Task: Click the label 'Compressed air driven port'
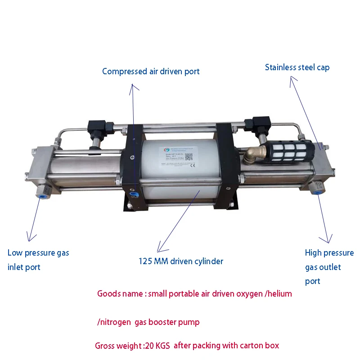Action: click(151, 71)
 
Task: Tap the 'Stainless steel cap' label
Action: click(297, 67)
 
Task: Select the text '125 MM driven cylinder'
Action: click(181, 261)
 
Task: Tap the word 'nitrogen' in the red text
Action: click(117, 322)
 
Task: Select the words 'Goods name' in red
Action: click(117, 294)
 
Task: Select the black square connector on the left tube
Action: click(96, 127)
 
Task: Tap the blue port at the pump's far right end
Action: click(318, 191)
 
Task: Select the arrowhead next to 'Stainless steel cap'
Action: click(293, 80)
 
